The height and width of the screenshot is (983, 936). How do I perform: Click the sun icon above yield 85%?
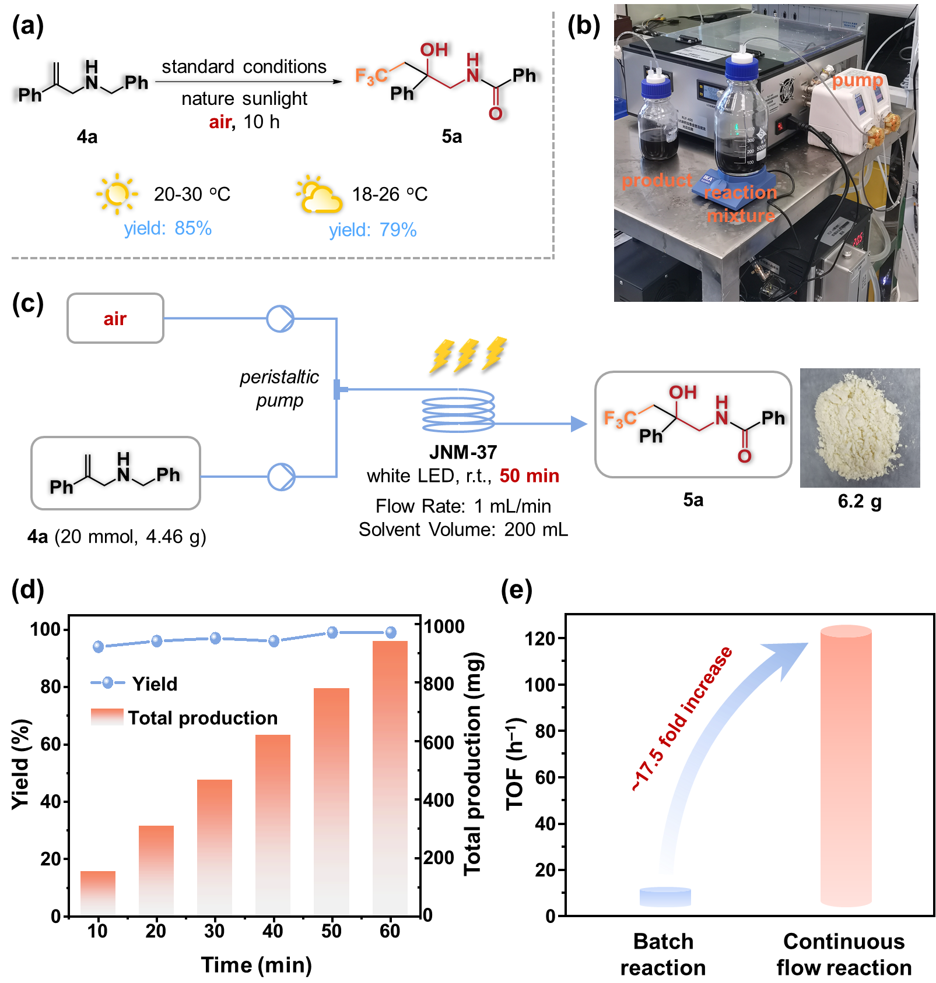117,193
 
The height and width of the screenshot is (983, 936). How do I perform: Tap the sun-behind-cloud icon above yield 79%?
319,195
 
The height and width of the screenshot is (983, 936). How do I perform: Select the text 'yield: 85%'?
167,228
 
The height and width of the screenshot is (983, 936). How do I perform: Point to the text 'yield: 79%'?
373,230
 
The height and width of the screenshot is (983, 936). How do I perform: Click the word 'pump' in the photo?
857,80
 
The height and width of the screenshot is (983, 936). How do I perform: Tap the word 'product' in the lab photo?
657,181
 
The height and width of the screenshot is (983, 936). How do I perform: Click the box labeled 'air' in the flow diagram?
115,318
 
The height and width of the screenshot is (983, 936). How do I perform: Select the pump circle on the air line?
281,319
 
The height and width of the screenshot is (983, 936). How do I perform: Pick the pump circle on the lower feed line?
281,477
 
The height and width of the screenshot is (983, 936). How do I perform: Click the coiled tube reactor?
458,411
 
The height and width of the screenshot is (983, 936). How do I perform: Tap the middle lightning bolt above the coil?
467,354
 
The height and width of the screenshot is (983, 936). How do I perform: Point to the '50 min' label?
529,475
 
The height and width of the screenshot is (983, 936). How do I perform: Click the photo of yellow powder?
860,428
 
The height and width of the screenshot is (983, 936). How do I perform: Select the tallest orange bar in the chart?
390,777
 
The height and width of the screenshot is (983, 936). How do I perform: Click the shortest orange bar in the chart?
98,893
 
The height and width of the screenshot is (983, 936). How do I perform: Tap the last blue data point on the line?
391,632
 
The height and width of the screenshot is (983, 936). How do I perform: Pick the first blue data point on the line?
99,646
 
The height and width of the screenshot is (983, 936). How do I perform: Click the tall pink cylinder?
846,766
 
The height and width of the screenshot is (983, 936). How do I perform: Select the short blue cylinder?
665,897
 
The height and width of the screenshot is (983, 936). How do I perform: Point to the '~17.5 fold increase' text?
682,719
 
